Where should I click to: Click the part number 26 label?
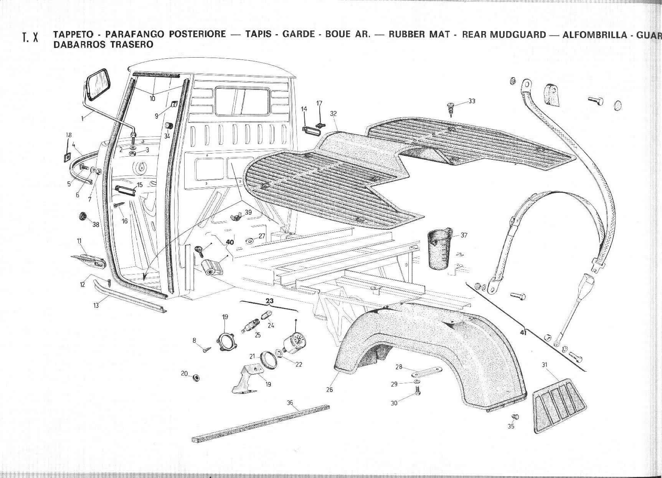pyautogui.click(x=329, y=390)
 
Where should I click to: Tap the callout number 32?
pyautogui.click(x=333, y=114)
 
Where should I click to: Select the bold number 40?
pyautogui.click(x=229, y=242)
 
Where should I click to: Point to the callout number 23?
pyautogui.click(x=270, y=301)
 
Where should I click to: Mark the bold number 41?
pyautogui.click(x=523, y=333)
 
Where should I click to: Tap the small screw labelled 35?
pyautogui.click(x=516, y=417)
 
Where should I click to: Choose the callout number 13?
pyautogui.click(x=96, y=305)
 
